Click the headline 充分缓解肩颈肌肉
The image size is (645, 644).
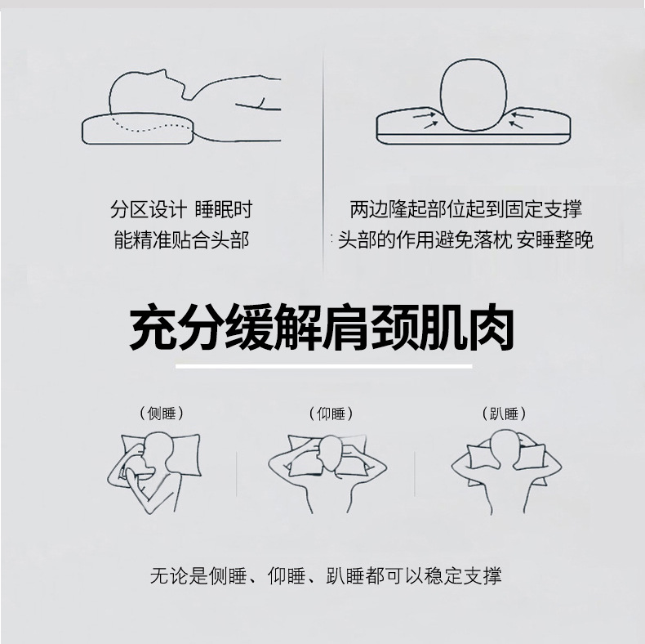[x=322, y=327]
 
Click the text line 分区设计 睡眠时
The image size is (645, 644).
[x=181, y=210]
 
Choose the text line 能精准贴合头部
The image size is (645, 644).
[x=181, y=240]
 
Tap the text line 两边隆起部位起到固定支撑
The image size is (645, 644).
[x=465, y=210]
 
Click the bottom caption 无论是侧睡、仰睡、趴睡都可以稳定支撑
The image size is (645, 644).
[x=326, y=575]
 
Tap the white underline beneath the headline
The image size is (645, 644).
[x=324, y=366]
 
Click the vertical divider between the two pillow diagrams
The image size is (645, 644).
[x=323, y=155]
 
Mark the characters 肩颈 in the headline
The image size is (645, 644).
[x=371, y=327]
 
